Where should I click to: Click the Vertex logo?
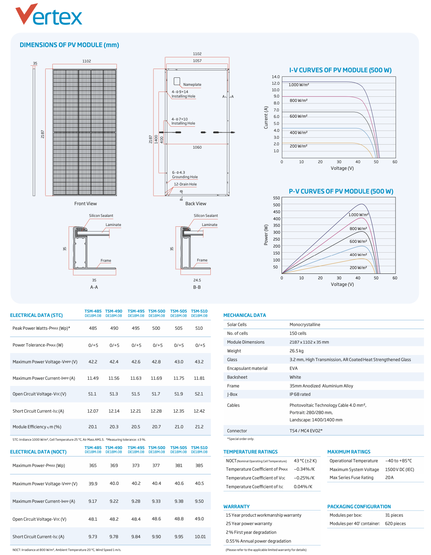coord(49,14)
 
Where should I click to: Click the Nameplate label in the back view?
coord(192,85)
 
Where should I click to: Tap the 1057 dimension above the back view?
coord(197,61)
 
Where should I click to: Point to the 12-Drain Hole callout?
coord(185,184)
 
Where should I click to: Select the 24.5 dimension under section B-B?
coord(197,280)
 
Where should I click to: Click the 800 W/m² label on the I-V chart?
coord(298,100)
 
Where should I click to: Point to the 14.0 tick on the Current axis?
coord(275,77)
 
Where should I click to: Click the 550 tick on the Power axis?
coord(276,198)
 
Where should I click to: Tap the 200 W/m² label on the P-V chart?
coord(358,268)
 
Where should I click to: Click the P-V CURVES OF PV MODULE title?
coord(341,191)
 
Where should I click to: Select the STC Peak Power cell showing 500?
coord(156,328)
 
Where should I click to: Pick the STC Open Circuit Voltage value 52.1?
coord(199,394)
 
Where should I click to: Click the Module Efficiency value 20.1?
coord(92,427)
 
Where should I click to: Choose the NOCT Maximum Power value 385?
coord(199,465)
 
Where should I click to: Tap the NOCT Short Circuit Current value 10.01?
coord(200,537)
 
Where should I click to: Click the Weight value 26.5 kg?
coord(296,351)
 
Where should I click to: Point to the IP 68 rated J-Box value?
coord(300,394)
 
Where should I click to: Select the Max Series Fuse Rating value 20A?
coord(389,478)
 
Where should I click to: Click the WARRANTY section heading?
coord(236,506)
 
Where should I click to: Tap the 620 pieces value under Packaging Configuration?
coord(395,524)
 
